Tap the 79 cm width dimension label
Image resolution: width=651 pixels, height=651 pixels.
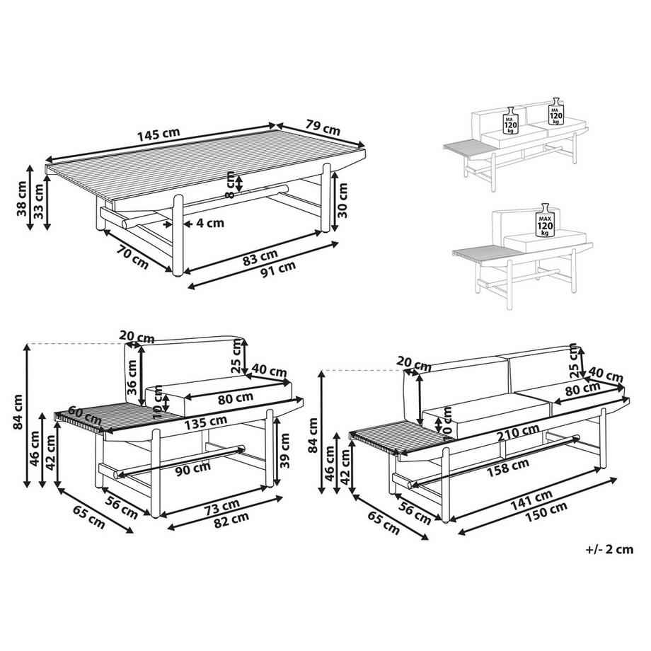322,127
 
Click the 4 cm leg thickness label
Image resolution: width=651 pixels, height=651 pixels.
209,223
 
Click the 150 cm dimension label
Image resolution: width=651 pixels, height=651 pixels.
549,507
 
